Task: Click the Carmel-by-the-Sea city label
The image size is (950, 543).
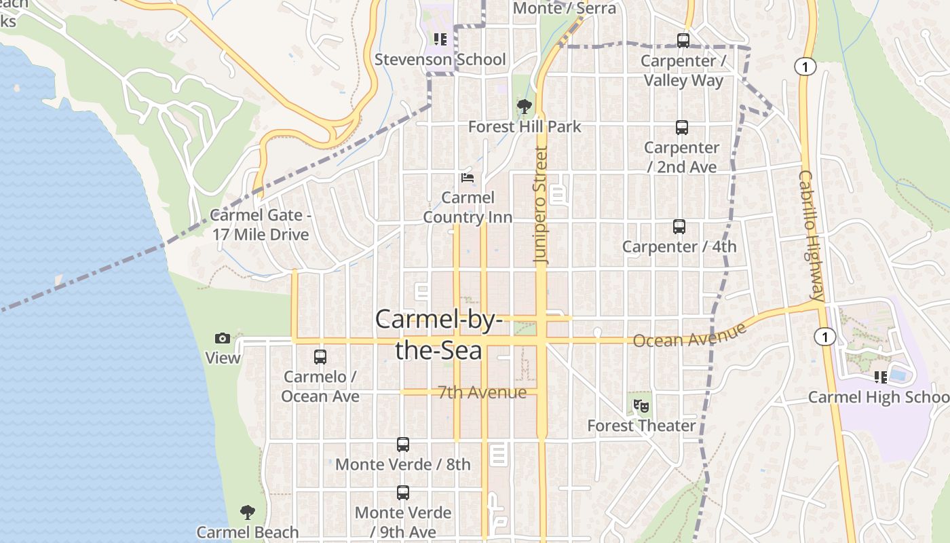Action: [x=438, y=335]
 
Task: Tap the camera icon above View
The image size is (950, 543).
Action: [x=223, y=338]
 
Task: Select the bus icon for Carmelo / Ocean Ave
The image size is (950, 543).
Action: [x=320, y=356]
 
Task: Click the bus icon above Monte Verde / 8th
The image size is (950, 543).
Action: [x=403, y=445]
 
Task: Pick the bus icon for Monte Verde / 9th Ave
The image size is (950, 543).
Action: [x=403, y=493]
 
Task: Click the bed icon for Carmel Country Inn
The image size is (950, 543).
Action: [x=468, y=178]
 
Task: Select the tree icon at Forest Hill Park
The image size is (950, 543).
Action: [x=524, y=107]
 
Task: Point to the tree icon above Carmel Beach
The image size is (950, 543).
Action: [x=248, y=512]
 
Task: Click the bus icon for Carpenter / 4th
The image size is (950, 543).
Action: [x=679, y=227]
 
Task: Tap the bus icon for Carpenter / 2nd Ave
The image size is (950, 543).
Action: [x=681, y=128]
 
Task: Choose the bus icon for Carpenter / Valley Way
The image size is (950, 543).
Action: [x=683, y=41]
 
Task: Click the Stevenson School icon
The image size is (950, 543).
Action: [x=440, y=39]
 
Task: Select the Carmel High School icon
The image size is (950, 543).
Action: [x=881, y=377]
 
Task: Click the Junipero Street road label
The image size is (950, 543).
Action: [x=541, y=204]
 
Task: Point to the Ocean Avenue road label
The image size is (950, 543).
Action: [x=689, y=335]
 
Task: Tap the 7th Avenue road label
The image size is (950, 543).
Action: [x=482, y=392]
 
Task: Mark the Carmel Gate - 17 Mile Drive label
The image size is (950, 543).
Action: [x=260, y=225]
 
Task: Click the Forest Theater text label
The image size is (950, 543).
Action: [x=641, y=426]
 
